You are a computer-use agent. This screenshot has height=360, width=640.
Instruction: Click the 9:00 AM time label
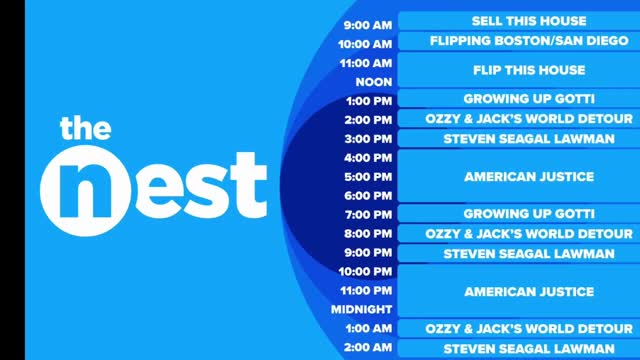pos(367,24)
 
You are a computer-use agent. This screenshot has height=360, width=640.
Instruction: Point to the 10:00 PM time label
pos(365,272)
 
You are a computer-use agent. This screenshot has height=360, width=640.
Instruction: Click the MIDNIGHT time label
pos(362,310)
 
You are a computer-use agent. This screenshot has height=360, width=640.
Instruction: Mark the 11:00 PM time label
pos(365,291)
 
